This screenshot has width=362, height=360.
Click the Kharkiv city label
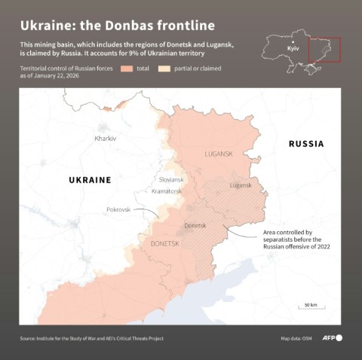(106, 139)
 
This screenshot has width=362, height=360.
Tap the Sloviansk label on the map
(171, 179)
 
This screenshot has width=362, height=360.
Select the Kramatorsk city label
(167, 191)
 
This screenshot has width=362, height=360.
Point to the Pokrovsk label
(119, 209)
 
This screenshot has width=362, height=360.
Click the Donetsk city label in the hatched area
(195, 225)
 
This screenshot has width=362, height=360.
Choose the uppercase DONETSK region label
(165, 243)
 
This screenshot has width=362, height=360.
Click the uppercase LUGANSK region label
(219, 154)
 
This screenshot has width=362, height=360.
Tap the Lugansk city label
(241, 185)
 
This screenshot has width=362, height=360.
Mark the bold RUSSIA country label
(306, 144)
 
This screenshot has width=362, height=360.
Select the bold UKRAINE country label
(90, 180)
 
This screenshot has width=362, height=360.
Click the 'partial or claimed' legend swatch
(164, 69)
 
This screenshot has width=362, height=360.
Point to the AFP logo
(333, 337)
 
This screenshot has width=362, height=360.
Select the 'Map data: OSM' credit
(296, 338)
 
